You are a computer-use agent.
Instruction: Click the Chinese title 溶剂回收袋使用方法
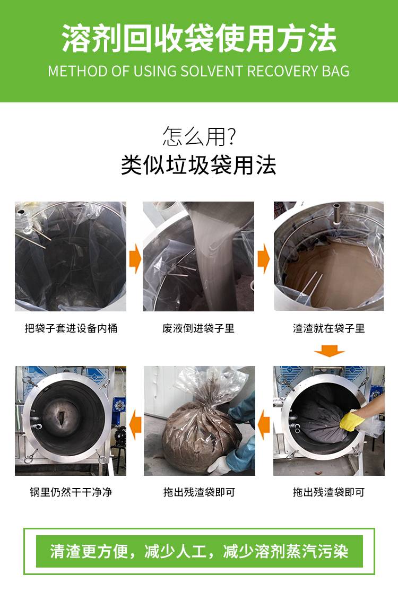tap(199, 38)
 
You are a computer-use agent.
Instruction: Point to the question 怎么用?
tap(199, 136)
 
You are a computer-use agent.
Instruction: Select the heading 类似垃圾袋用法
tap(198, 165)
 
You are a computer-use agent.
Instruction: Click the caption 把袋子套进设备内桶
tap(71, 328)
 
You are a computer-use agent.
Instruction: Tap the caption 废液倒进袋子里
tap(198, 328)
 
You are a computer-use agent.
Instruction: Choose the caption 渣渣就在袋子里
tap(328, 328)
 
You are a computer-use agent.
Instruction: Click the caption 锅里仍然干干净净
tap(71, 492)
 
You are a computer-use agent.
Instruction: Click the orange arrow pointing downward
tap(329, 351)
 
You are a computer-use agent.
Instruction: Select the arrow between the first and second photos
tap(135, 259)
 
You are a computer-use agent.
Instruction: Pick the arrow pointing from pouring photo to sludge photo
tap(264, 259)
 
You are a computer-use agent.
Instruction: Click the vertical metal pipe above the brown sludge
tap(336, 212)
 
